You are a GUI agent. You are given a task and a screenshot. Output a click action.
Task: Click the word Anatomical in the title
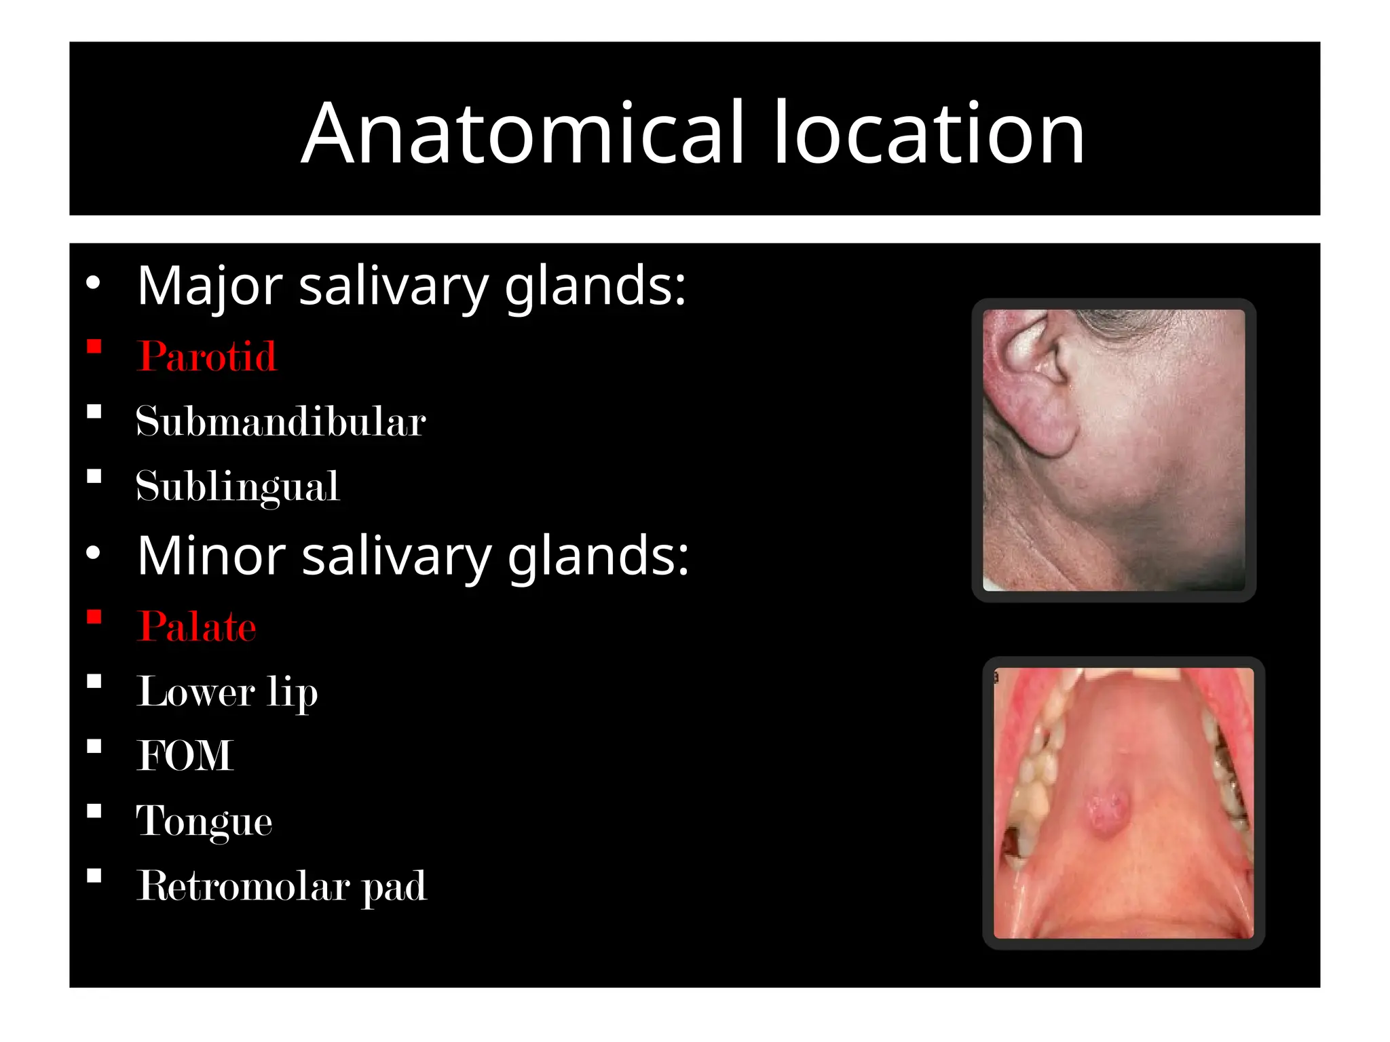pos(523,133)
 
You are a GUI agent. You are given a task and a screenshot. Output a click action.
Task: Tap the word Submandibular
pos(280,421)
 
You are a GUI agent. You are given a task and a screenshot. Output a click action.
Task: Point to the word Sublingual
pos(238,486)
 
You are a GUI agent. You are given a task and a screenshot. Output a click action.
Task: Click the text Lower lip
pos(227,691)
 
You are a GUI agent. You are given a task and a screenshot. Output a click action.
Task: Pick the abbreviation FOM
pos(185,756)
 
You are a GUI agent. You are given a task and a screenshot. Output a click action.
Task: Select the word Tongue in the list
pos(204,821)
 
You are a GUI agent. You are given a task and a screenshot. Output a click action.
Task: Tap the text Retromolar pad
pos(282,886)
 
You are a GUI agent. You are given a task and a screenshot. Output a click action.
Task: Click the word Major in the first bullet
pos(210,286)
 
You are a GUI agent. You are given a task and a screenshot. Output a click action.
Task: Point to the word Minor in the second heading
pos(211,556)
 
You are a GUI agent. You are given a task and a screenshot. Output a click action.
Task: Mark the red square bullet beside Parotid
pos(94,347)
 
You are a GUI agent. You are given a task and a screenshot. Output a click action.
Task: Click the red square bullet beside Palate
pos(94,617)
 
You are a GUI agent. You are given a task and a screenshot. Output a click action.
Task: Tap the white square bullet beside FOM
pos(94,747)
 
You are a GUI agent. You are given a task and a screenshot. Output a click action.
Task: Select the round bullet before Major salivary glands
pos(94,283)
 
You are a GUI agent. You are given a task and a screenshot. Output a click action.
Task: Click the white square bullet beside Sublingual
pos(94,477)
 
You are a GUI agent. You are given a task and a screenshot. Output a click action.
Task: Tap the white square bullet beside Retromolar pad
pos(94,876)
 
